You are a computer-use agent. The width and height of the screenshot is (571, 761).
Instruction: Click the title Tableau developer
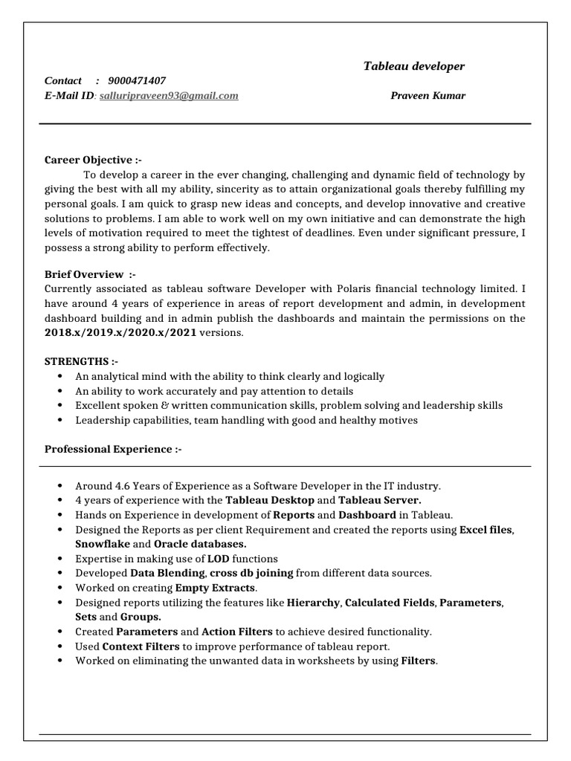pyautogui.click(x=413, y=66)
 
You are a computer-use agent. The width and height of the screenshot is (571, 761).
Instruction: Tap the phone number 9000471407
pyautogui.click(x=137, y=81)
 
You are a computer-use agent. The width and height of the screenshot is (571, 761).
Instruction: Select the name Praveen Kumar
pyautogui.click(x=428, y=96)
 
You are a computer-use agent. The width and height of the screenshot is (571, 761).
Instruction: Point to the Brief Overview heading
pyautogui.click(x=90, y=274)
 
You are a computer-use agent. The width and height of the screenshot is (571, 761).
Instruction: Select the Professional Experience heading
pyautogui.click(x=113, y=449)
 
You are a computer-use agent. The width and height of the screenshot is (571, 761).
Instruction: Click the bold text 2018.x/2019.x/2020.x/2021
pyautogui.click(x=120, y=332)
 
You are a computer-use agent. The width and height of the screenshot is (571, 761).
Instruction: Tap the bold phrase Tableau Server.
pyautogui.click(x=380, y=500)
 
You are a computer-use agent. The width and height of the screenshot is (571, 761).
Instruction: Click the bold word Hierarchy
pyautogui.click(x=313, y=602)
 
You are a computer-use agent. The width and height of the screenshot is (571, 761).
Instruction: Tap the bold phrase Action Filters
pyautogui.click(x=237, y=632)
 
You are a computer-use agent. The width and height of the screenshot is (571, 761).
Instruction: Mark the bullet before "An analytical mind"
pyautogui.click(x=59, y=377)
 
